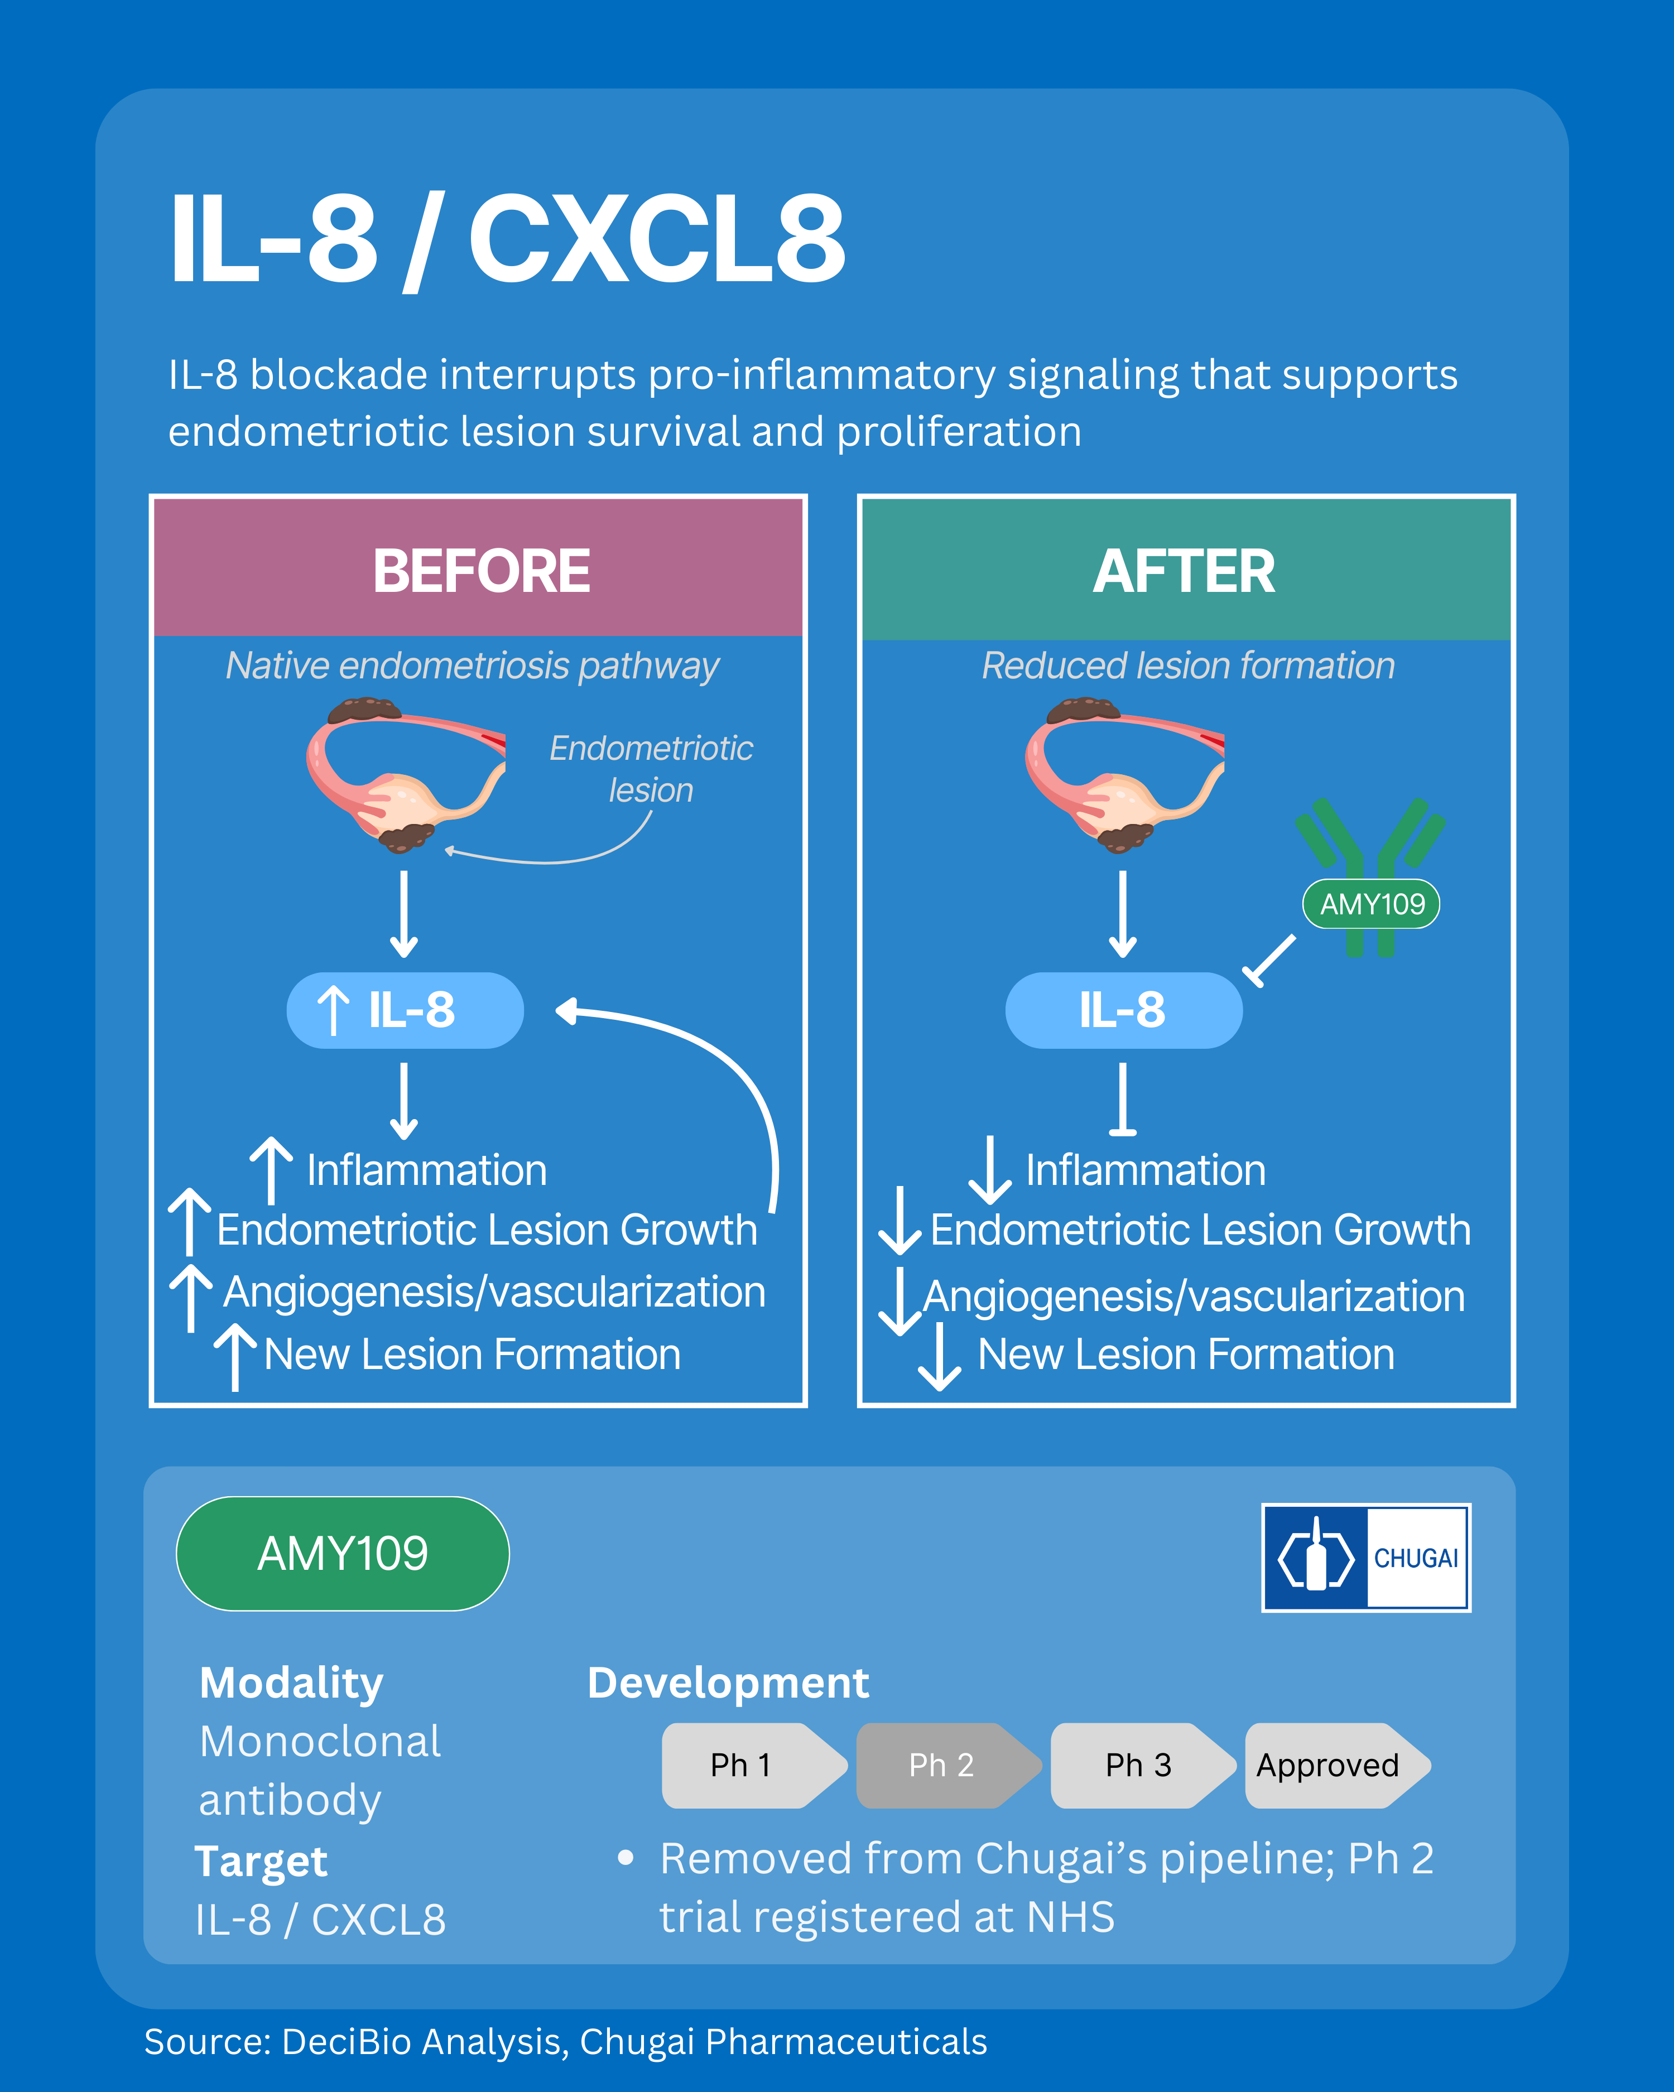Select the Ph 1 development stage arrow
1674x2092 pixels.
click(x=747, y=1765)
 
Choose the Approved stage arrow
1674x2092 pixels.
click(x=1331, y=1765)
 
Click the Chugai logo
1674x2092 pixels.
click(x=1365, y=1558)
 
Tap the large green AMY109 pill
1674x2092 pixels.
click(x=343, y=1554)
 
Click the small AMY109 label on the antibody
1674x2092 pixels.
click(x=1371, y=904)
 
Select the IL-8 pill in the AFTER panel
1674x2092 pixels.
click(x=1123, y=1010)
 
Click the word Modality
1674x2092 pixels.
click(x=291, y=1683)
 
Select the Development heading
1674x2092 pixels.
click(x=728, y=1683)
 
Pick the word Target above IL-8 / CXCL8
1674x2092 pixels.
click(x=261, y=1861)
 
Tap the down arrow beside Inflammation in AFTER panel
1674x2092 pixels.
click(x=990, y=1169)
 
